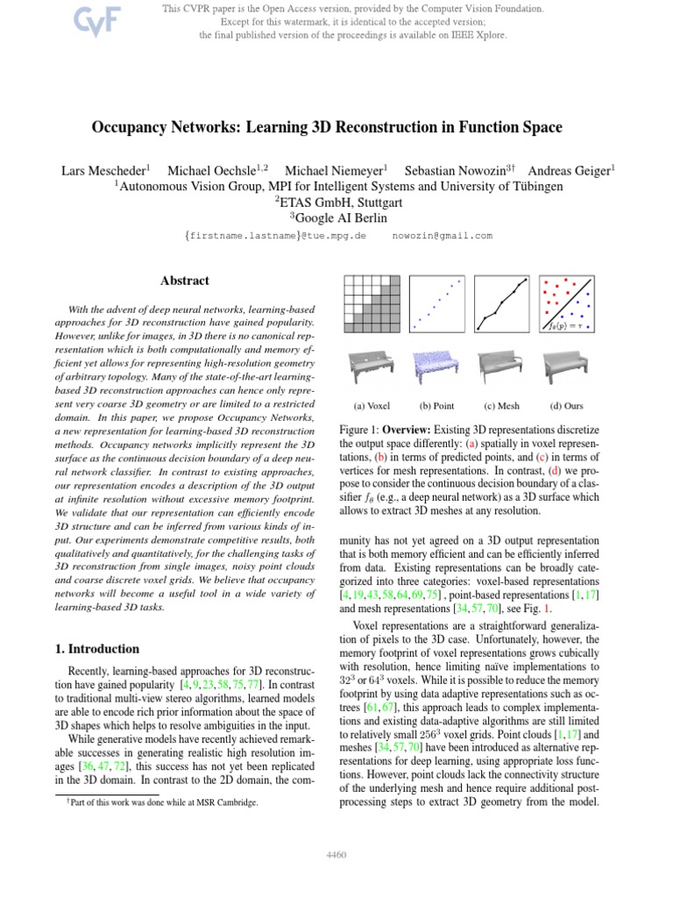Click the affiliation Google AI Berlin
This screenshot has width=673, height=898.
338,217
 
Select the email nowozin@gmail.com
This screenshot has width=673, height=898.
443,236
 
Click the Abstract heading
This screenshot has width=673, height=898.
185,282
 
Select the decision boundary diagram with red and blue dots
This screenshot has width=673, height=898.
569,303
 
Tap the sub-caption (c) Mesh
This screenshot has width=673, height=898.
501,406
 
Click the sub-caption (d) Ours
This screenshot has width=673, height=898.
567,406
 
